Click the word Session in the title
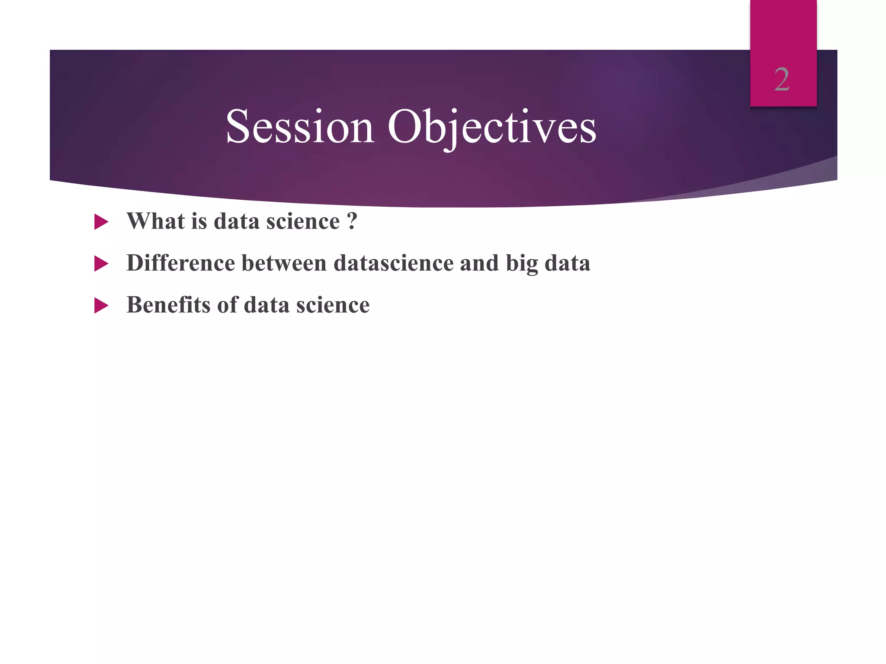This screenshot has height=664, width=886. pyautogui.click(x=300, y=127)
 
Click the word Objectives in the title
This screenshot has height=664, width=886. pyautogui.click(x=492, y=127)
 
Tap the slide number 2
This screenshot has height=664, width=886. pyautogui.click(x=782, y=80)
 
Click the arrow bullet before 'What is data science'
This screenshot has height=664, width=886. pyautogui.click(x=101, y=222)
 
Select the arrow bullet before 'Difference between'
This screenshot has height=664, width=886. pyautogui.click(x=101, y=264)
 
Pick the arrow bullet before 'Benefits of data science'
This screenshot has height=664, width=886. pyautogui.click(x=101, y=306)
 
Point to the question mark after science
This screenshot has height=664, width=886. pyautogui.click(x=352, y=221)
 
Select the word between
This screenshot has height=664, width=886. pyautogui.click(x=284, y=263)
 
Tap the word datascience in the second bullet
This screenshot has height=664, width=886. pyautogui.click(x=393, y=263)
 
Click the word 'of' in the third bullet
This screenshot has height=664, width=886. pyautogui.click(x=227, y=305)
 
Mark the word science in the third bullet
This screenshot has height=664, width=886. pyautogui.click(x=333, y=305)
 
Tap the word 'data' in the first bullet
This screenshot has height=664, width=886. pyautogui.click(x=236, y=221)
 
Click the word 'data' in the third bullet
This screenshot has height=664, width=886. pyautogui.click(x=266, y=305)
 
